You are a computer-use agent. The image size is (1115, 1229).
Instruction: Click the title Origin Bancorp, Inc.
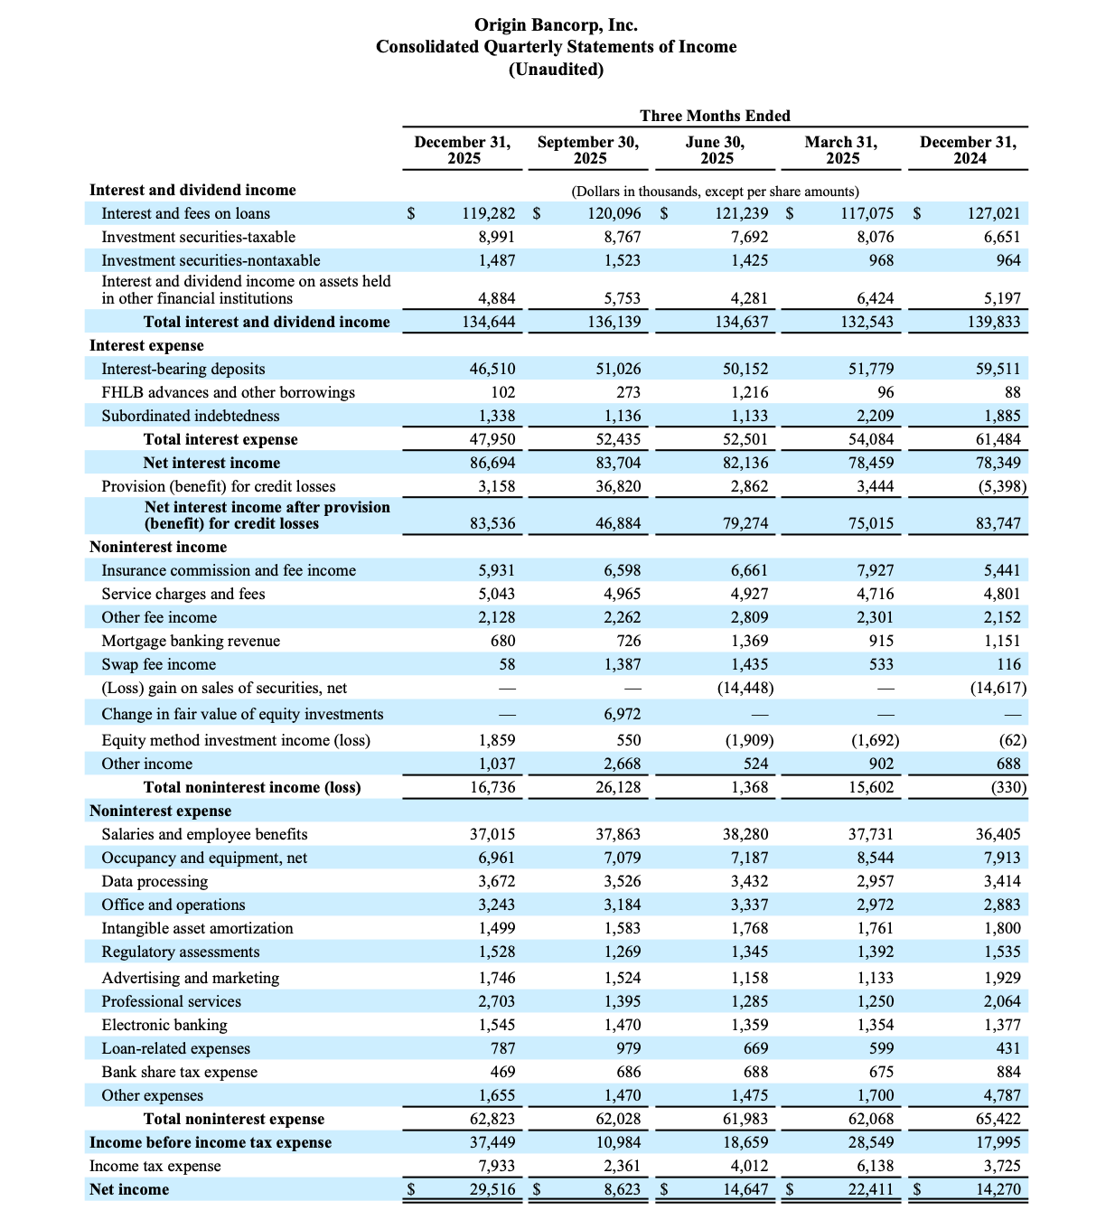click(556, 24)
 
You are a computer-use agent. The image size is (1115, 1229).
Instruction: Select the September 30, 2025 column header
click(588, 150)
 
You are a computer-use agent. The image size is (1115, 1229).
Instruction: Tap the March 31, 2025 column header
click(841, 150)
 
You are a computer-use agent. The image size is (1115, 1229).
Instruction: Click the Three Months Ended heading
click(715, 116)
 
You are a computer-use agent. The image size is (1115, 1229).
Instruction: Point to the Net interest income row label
click(211, 463)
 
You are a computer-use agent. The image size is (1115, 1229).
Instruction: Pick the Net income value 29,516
click(492, 1189)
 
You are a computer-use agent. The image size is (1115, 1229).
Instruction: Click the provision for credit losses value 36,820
click(618, 486)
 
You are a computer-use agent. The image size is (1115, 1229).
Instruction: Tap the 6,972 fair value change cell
click(622, 714)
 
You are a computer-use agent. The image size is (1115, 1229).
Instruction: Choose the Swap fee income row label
click(159, 664)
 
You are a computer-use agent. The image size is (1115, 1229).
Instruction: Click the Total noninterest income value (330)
click(1008, 787)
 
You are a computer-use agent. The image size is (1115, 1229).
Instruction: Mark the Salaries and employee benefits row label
click(204, 834)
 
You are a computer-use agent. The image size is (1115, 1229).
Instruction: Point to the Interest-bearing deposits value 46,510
click(492, 369)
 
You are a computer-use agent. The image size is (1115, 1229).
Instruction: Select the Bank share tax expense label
click(179, 1072)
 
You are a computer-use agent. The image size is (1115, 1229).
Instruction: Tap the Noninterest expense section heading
click(160, 811)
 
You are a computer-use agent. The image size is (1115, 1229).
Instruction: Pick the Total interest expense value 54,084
click(871, 439)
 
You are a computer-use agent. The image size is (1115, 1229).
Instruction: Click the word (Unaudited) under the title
click(556, 70)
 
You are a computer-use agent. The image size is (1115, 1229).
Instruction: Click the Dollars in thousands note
click(715, 192)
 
